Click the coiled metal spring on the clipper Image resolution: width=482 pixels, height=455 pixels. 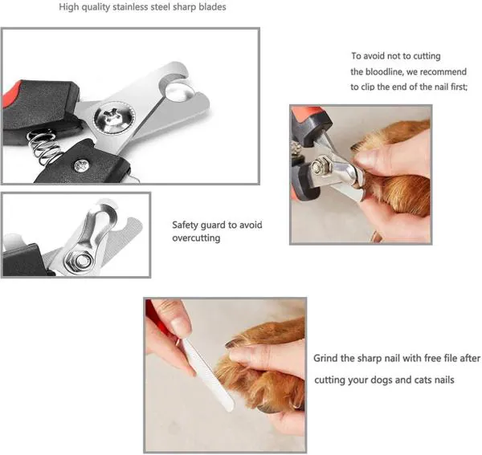[43, 144]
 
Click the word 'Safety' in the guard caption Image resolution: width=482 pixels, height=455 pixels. [187, 225]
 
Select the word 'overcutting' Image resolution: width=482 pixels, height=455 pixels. [196, 238]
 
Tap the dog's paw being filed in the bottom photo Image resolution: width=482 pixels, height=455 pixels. [265, 361]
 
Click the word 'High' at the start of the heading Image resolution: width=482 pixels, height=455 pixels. [70, 7]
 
